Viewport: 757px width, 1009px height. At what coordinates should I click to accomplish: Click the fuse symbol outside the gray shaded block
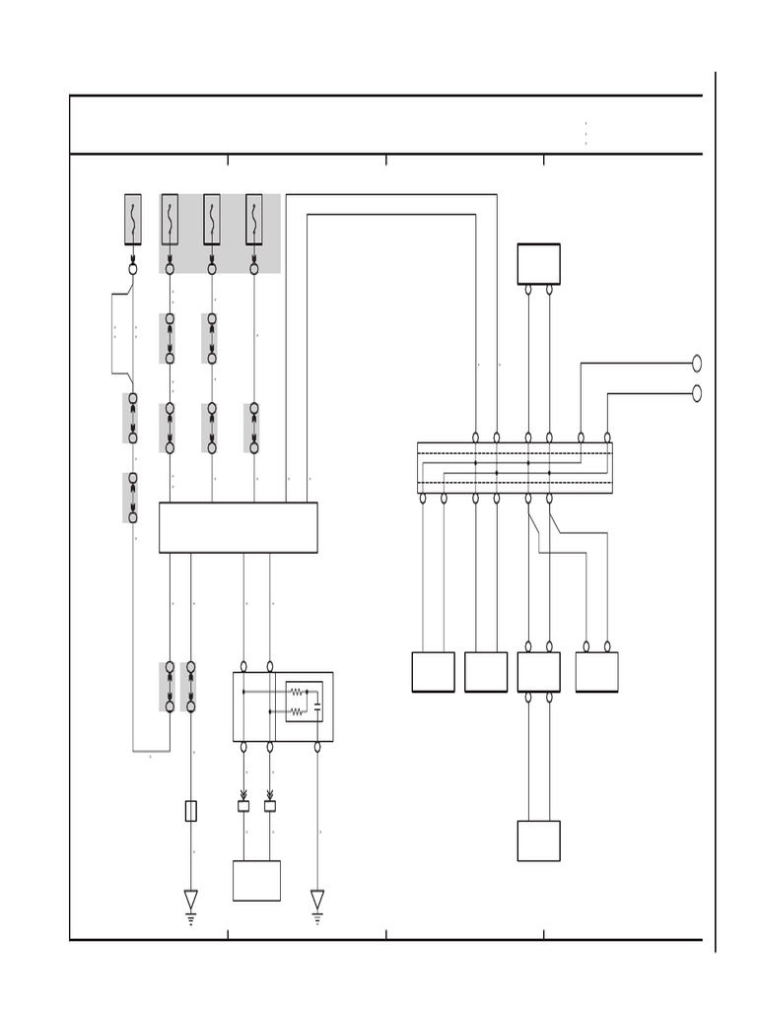pos(133,219)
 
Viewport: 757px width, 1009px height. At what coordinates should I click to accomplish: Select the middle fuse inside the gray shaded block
pos(212,219)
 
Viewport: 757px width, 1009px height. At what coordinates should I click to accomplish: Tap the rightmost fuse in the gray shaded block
pos(254,219)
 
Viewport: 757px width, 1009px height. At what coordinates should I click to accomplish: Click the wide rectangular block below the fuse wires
pos(238,527)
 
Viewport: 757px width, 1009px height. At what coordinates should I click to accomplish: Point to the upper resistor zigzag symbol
pos(296,692)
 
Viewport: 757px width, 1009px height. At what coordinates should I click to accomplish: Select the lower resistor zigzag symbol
pos(296,711)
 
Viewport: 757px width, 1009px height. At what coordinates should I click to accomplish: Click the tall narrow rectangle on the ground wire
pos(191,811)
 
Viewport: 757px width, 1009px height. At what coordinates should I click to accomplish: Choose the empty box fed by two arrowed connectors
pos(256,880)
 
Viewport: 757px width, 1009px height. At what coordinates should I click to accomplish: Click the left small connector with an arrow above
pos(243,805)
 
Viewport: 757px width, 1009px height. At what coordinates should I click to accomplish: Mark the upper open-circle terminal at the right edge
pos(697,364)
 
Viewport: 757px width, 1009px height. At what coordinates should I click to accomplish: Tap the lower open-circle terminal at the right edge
pos(697,393)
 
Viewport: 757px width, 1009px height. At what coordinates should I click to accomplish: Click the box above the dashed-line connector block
pos(538,264)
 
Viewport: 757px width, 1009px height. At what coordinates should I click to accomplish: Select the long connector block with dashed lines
pos(515,468)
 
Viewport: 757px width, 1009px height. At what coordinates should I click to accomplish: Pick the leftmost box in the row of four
pos(433,672)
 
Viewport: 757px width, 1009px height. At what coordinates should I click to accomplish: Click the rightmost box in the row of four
pos(596,672)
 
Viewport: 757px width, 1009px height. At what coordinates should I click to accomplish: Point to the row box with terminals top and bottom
pos(538,672)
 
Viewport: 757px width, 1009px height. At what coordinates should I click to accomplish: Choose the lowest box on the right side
pos(538,841)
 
